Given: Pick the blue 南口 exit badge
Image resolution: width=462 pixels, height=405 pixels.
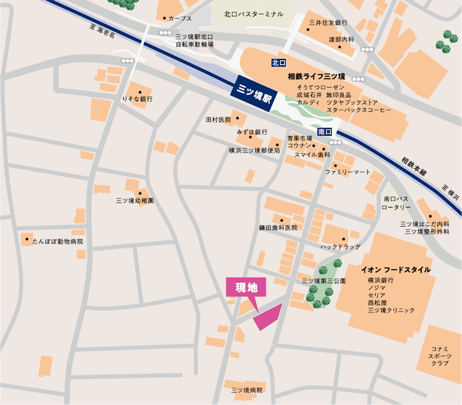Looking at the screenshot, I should tap(324, 132).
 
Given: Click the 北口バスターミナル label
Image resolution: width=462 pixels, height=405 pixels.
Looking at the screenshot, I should tap(253, 13).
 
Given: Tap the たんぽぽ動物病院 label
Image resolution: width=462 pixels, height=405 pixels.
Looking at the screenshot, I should tap(59, 242).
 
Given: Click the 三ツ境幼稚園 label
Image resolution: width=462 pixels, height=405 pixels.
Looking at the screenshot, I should tap(135, 200).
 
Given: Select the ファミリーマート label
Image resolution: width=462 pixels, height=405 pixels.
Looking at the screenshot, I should tap(348, 172).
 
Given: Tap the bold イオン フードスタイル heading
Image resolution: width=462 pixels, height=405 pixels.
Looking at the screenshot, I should tap(395, 270).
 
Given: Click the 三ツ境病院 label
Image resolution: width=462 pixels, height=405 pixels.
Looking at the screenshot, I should tap(247, 390).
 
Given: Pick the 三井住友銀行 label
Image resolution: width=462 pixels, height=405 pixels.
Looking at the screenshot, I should tap(328, 23).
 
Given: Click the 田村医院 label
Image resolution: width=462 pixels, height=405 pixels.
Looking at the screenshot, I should tap(218, 120).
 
